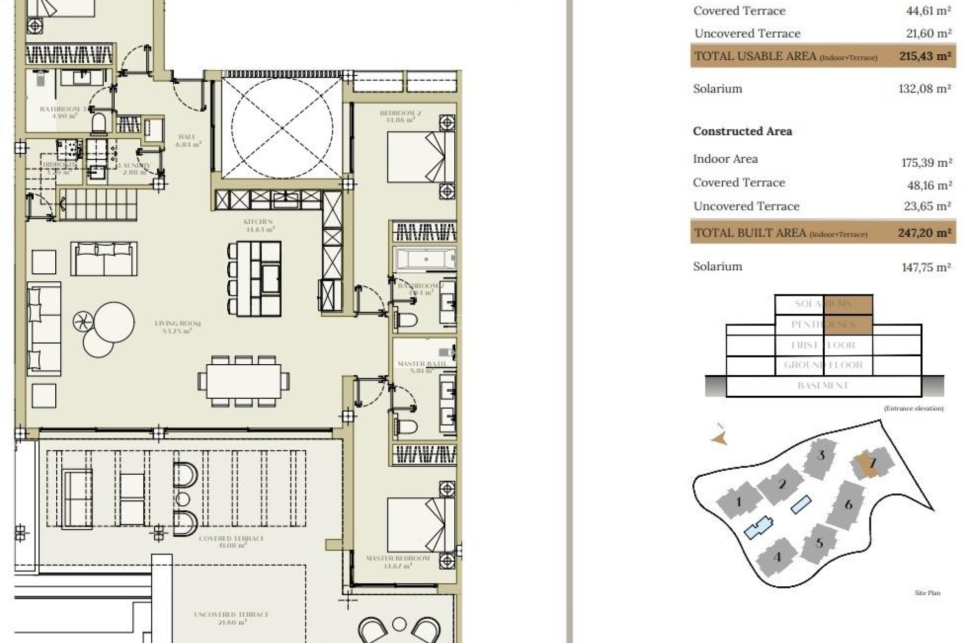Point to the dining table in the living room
244,381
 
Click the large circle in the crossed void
282,128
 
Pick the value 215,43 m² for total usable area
925,56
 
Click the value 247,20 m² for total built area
924,233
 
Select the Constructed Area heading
742,131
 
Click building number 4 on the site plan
777,557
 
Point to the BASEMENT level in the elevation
823,386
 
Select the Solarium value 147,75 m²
926,267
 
